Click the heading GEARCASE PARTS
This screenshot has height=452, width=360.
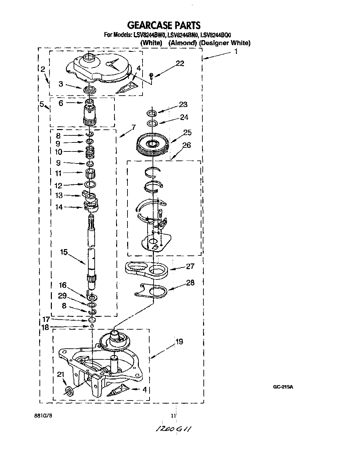164,25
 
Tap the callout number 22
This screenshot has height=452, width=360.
180,63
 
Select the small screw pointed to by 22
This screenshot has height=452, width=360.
151,76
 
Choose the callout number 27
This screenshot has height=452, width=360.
190,266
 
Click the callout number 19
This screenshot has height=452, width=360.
179,342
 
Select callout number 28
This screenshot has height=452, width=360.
190,283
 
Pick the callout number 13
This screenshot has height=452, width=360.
59,195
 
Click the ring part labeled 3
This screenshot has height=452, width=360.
89,90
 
